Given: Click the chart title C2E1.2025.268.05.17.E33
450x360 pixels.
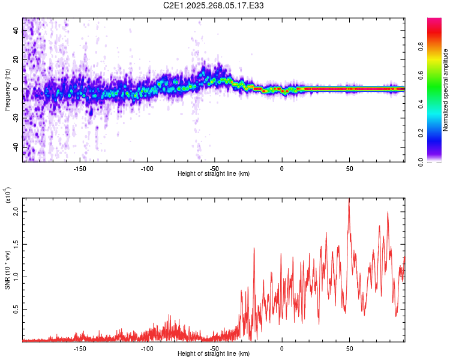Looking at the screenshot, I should [x=214, y=5].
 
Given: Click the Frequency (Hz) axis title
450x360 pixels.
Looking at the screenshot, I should [x=7, y=89].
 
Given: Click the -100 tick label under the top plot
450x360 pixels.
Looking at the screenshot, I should [x=148, y=168].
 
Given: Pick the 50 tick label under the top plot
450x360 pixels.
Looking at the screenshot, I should [x=349, y=168].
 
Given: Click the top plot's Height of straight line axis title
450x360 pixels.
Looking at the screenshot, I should [x=214, y=174].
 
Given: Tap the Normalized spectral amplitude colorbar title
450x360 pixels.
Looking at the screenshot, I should [x=446, y=89].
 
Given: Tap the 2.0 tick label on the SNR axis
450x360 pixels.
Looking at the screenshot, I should [x=17, y=212].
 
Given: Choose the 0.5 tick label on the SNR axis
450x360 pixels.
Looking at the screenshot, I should [x=17, y=310].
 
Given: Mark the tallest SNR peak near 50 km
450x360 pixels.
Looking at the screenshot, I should [x=349, y=200].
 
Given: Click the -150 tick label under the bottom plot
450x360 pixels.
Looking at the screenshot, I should [x=80, y=348].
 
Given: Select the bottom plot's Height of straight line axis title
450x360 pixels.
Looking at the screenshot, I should [x=214, y=354].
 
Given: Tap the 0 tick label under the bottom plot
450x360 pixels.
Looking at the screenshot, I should [x=282, y=348].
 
